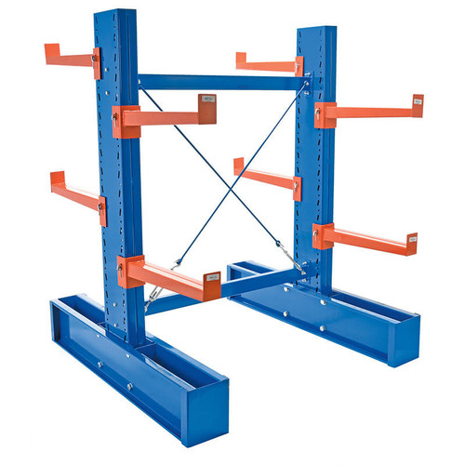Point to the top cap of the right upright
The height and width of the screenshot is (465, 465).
pos(314,29)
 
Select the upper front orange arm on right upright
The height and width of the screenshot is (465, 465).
pos(372,112)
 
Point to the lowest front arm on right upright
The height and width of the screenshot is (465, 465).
pos(367,239)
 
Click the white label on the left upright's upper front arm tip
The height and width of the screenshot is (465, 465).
pos(207,99)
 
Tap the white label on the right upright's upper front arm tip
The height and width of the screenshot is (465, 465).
pos(418,100)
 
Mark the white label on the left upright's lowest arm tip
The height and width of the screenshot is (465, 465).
pos(212,275)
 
